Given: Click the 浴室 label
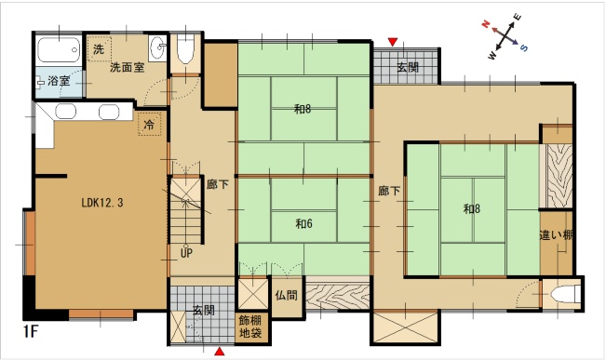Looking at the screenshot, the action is [59, 81].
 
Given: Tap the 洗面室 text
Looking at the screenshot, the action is [128, 68].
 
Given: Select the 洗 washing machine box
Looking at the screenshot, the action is [100, 49].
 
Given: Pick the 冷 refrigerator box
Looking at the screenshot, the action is [149, 125].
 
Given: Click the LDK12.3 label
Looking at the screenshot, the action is [102, 203].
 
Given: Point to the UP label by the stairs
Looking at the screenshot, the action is [186, 253].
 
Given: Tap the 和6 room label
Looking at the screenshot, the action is [304, 223].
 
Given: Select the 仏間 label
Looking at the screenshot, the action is [287, 296].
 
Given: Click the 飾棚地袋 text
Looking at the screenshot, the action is [250, 327].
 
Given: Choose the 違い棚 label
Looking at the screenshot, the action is [556, 234].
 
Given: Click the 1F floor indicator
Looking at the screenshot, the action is [31, 331].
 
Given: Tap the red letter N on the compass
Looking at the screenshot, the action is [486, 24].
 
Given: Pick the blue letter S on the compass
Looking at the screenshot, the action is [524, 47].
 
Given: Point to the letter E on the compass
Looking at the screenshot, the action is [518, 17].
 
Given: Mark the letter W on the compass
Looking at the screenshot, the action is [492, 56].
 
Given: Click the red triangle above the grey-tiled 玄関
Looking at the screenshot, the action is [393, 41].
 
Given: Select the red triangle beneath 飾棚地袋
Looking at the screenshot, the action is [220, 351].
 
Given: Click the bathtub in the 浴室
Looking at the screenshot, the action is [59, 50].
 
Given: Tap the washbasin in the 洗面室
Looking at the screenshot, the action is [157, 47].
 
